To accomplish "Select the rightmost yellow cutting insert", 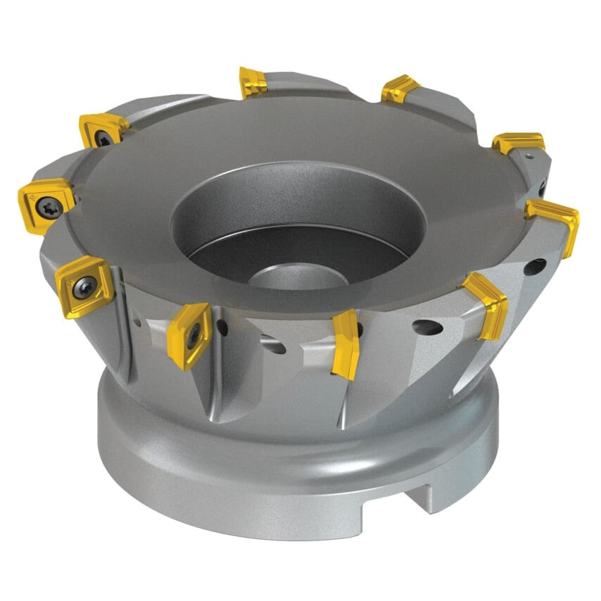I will (555, 224).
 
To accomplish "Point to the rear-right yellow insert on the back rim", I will (400, 89).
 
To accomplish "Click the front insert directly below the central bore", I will (346, 343).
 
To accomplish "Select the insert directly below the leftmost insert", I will (84, 286).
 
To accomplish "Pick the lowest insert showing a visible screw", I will (189, 336).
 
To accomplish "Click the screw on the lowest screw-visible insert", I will (191, 339).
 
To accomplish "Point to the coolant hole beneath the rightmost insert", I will (533, 267).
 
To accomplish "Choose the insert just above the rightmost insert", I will (519, 142).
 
